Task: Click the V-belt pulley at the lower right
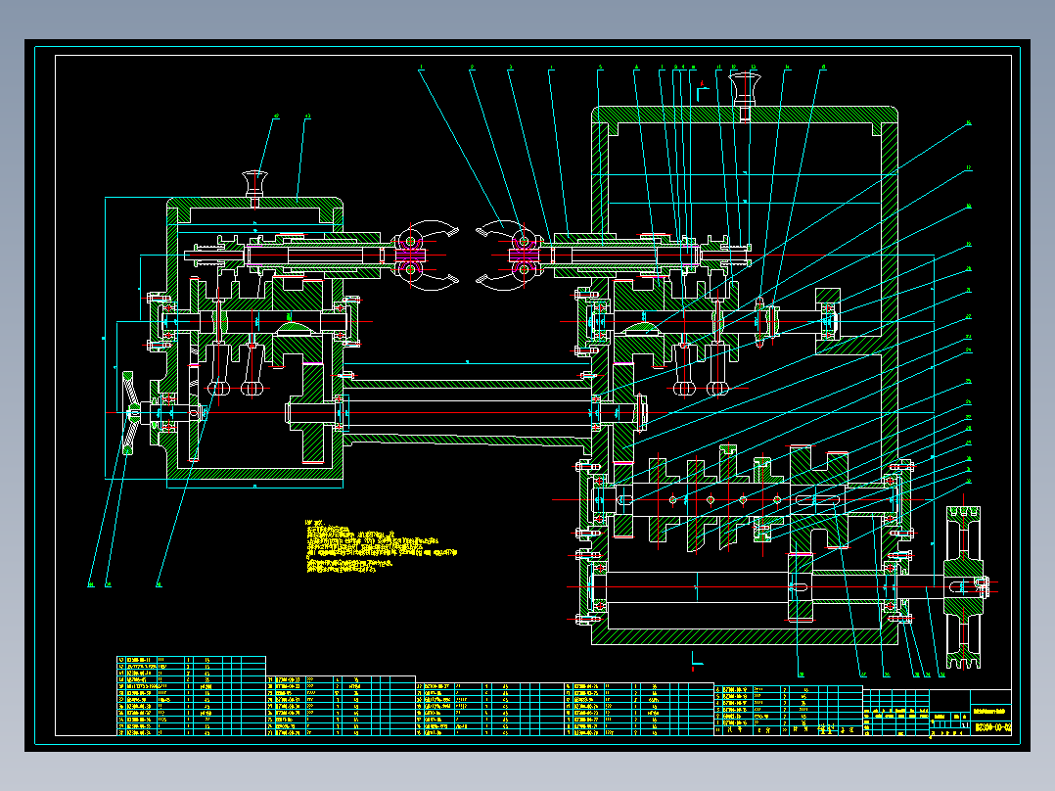tap(964, 587)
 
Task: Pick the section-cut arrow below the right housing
tap(697, 659)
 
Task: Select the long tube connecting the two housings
tap(467, 411)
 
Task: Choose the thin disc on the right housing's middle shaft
tap(760, 321)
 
